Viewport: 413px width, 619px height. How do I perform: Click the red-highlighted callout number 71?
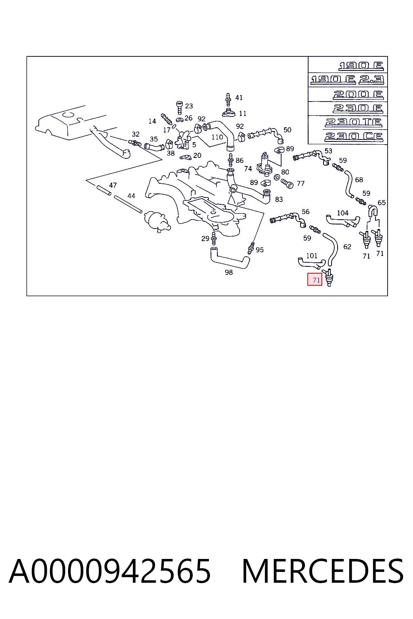coord(316,280)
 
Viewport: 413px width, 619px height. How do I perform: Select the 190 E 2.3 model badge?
coord(347,79)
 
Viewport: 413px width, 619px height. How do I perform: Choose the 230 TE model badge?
coord(354,122)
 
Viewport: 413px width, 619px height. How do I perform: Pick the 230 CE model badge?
coord(354,137)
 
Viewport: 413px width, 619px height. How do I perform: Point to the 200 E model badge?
coord(358,95)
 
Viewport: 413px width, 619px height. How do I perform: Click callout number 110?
coord(217,137)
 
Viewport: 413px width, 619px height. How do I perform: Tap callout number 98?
coord(229,272)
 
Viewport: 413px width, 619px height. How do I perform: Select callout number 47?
coord(113,185)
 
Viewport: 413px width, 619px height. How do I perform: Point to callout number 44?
coord(131,196)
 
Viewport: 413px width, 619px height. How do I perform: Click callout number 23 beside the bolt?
coord(189,106)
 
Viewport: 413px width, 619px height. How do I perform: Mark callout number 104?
coord(342,213)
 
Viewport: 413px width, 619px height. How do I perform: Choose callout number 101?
coord(312,255)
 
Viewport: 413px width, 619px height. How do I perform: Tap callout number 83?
coord(279,199)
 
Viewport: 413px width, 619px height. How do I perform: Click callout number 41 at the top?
coord(239,98)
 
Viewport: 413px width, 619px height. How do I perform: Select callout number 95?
coord(259,250)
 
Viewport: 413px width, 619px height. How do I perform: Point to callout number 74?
coord(248,168)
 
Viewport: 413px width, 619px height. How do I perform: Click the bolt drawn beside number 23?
coord(179,108)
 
